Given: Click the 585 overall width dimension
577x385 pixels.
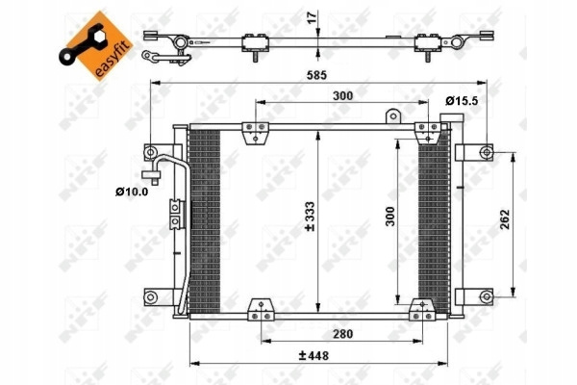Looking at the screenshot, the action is tap(316, 75).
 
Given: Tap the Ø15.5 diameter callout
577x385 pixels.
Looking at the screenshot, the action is tap(462, 100).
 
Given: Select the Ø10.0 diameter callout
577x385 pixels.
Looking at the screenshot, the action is tap(132, 192).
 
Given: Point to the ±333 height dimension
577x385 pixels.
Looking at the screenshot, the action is tap(311, 217).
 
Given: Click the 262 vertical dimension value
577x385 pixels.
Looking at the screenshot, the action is tap(505, 219).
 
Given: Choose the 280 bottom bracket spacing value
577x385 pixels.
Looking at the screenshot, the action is tap(342, 334).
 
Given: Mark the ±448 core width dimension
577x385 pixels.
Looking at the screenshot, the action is tap(314, 356).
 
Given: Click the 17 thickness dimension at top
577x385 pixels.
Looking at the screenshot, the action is tap(312, 17).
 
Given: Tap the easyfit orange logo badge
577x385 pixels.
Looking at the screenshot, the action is tap(95, 45).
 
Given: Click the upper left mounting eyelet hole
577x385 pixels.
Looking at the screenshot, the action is tap(151, 152).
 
